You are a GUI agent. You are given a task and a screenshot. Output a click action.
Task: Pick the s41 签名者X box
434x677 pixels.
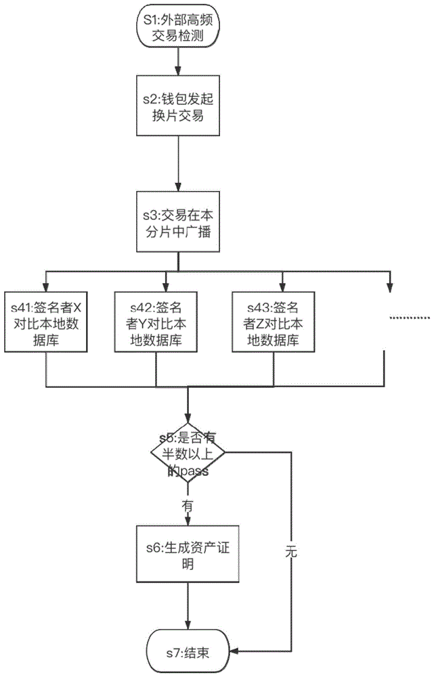[x=47, y=322]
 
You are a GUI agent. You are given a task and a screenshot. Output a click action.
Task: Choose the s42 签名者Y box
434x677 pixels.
[x=156, y=322]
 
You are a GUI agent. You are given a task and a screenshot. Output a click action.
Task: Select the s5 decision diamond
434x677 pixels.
[x=188, y=453]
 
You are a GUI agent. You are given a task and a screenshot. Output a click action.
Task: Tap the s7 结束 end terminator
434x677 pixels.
[x=188, y=653]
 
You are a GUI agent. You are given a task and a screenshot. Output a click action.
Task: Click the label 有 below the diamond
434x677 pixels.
[x=188, y=505]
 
